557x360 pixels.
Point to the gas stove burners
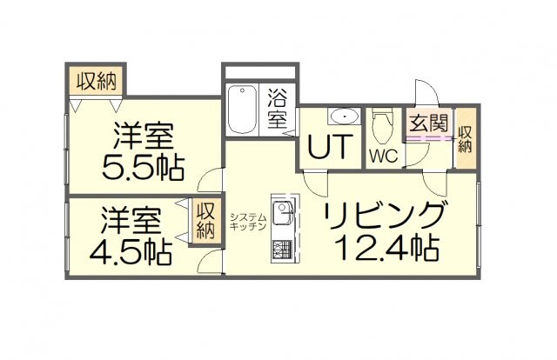coord(282,249)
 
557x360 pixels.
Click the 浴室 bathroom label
coord(278,107)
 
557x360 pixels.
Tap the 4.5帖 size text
coord(131,251)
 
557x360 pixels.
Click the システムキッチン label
coord(247,221)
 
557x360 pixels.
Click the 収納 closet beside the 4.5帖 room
coord(205,221)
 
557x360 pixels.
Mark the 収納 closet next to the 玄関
coord(466,139)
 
